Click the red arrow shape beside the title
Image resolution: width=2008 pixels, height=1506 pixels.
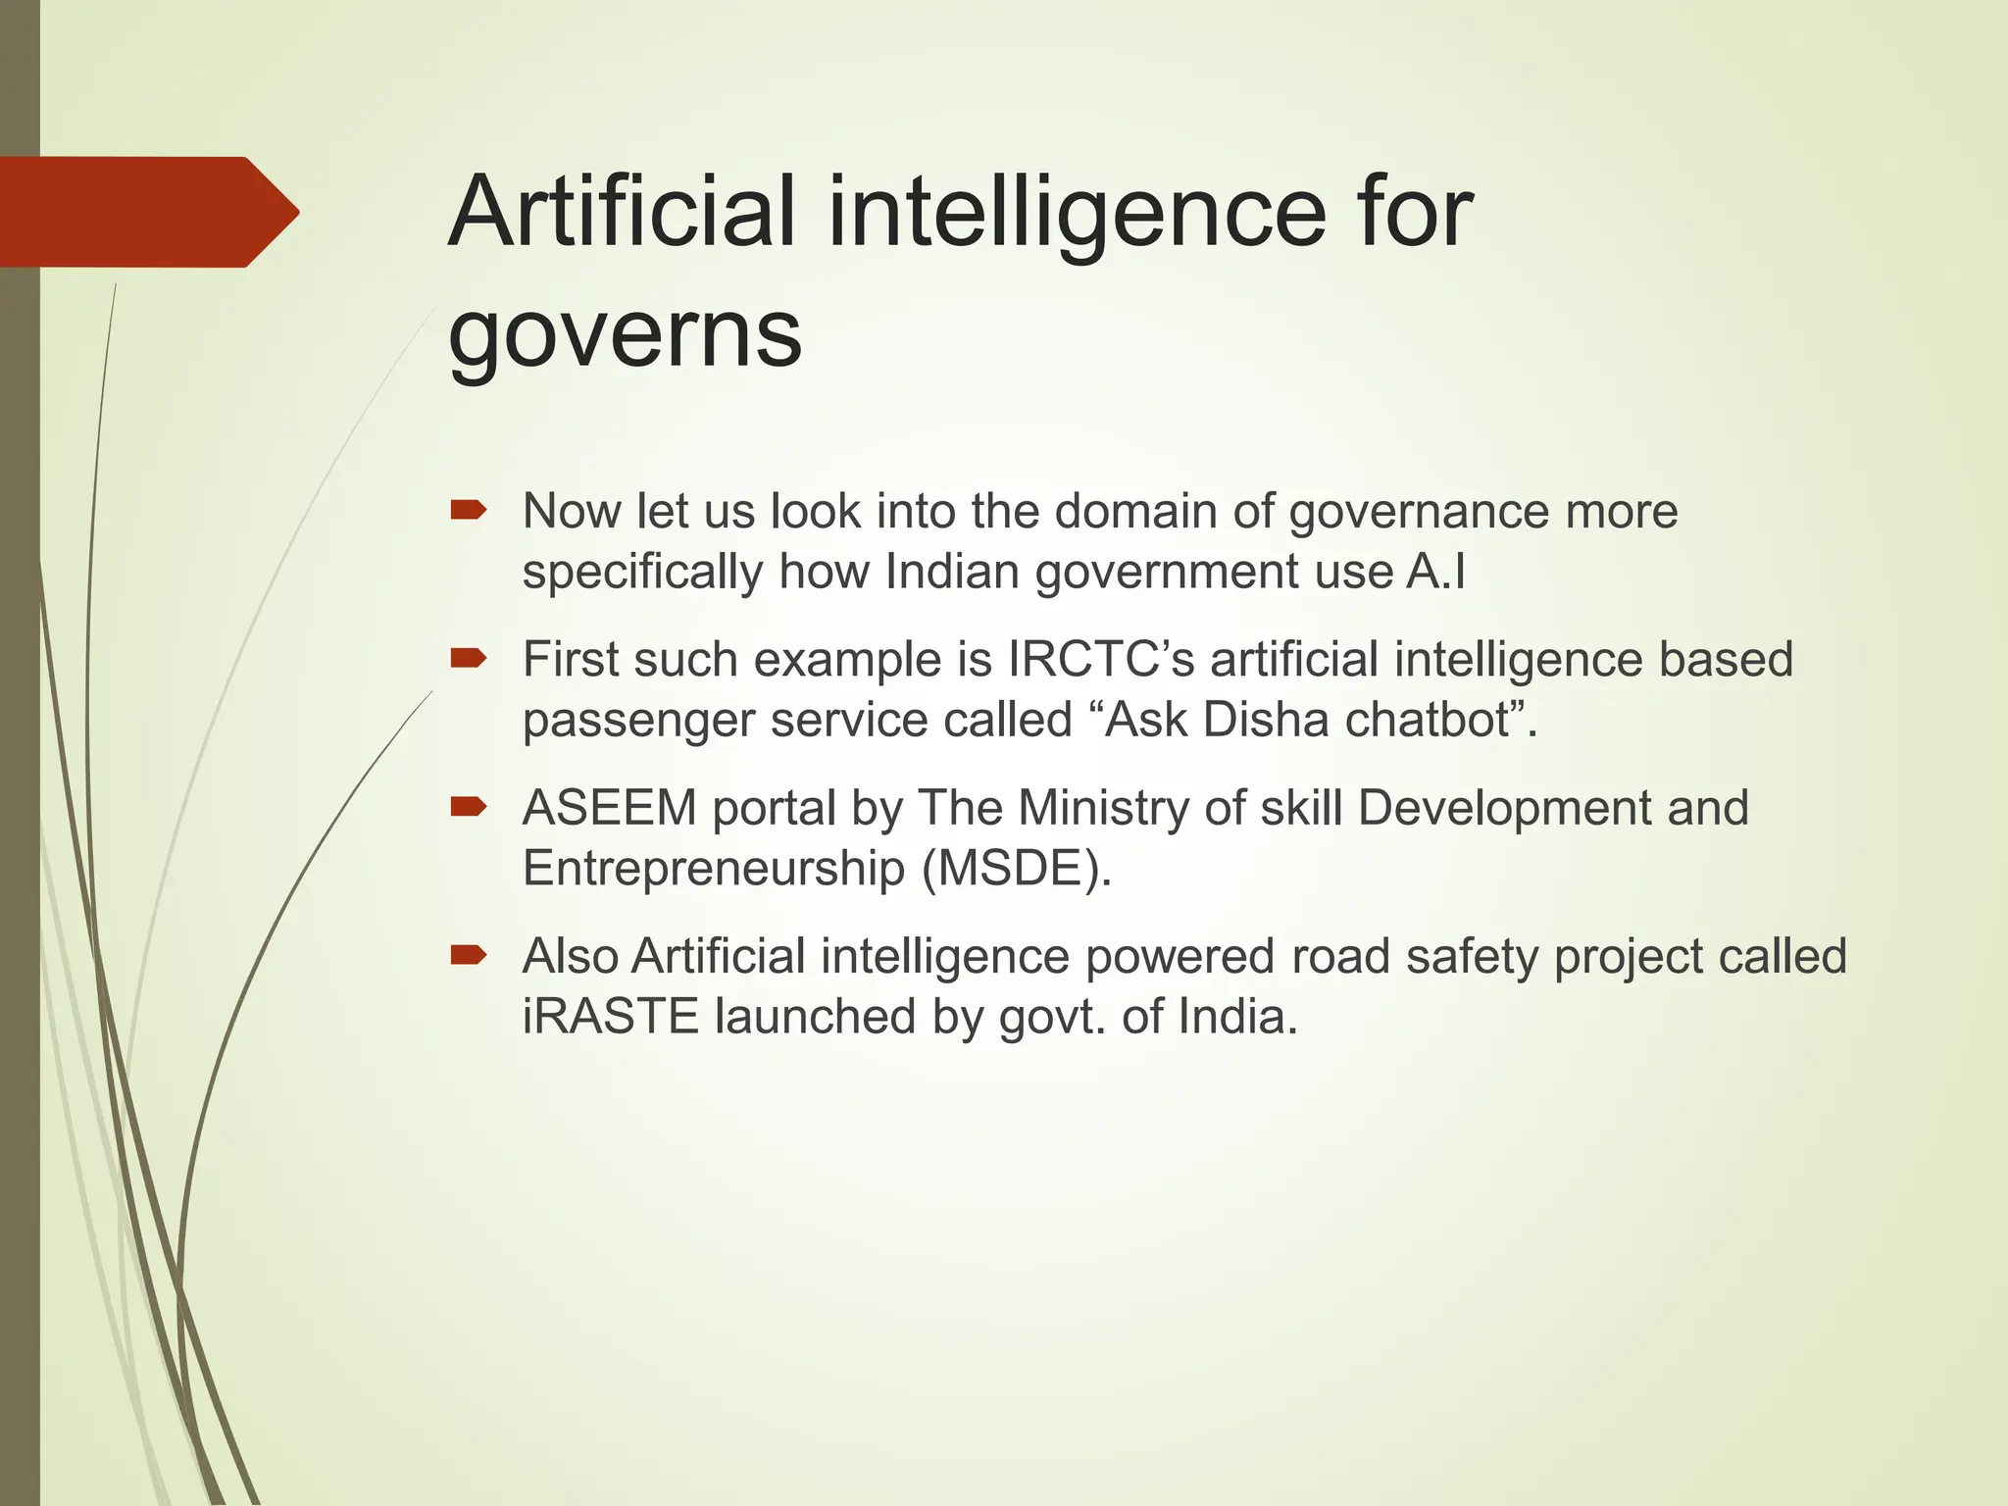click(x=147, y=212)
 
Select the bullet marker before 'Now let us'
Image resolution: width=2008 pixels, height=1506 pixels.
click(x=469, y=510)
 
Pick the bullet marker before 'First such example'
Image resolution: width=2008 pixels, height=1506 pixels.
click(x=469, y=658)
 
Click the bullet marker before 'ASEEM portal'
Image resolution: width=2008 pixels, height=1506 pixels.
click(x=469, y=807)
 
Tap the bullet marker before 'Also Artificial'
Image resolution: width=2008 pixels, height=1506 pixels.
click(x=469, y=955)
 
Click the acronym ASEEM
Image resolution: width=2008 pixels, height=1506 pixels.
click(x=609, y=808)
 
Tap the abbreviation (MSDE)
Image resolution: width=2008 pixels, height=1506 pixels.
click(x=1016, y=869)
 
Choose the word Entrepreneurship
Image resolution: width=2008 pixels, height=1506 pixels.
click(x=713, y=869)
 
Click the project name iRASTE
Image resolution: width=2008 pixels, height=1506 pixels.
click(x=610, y=1017)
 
